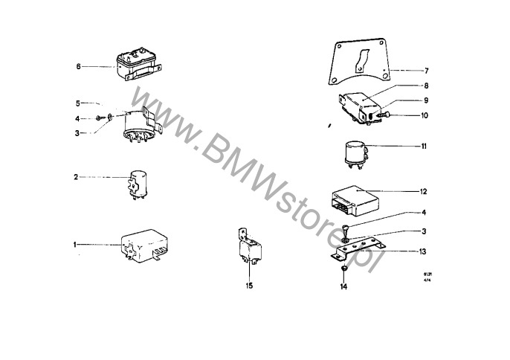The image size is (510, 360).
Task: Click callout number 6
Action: pyautogui.click(x=78, y=66)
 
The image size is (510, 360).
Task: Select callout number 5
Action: pyautogui.click(x=77, y=103)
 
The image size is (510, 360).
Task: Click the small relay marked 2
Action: pyautogui.click(x=136, y=183)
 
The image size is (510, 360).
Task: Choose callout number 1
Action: pyautogui.click(x=76, y=244)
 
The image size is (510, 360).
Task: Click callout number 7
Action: pyautogui.click(x=426, y=71)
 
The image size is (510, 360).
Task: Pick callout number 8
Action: pyautogui.click(x=426, y=86)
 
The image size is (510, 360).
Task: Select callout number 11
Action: pyautogui.click(x=424, y=147)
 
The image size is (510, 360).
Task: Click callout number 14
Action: pyautogui.click(x=344, y=286)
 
